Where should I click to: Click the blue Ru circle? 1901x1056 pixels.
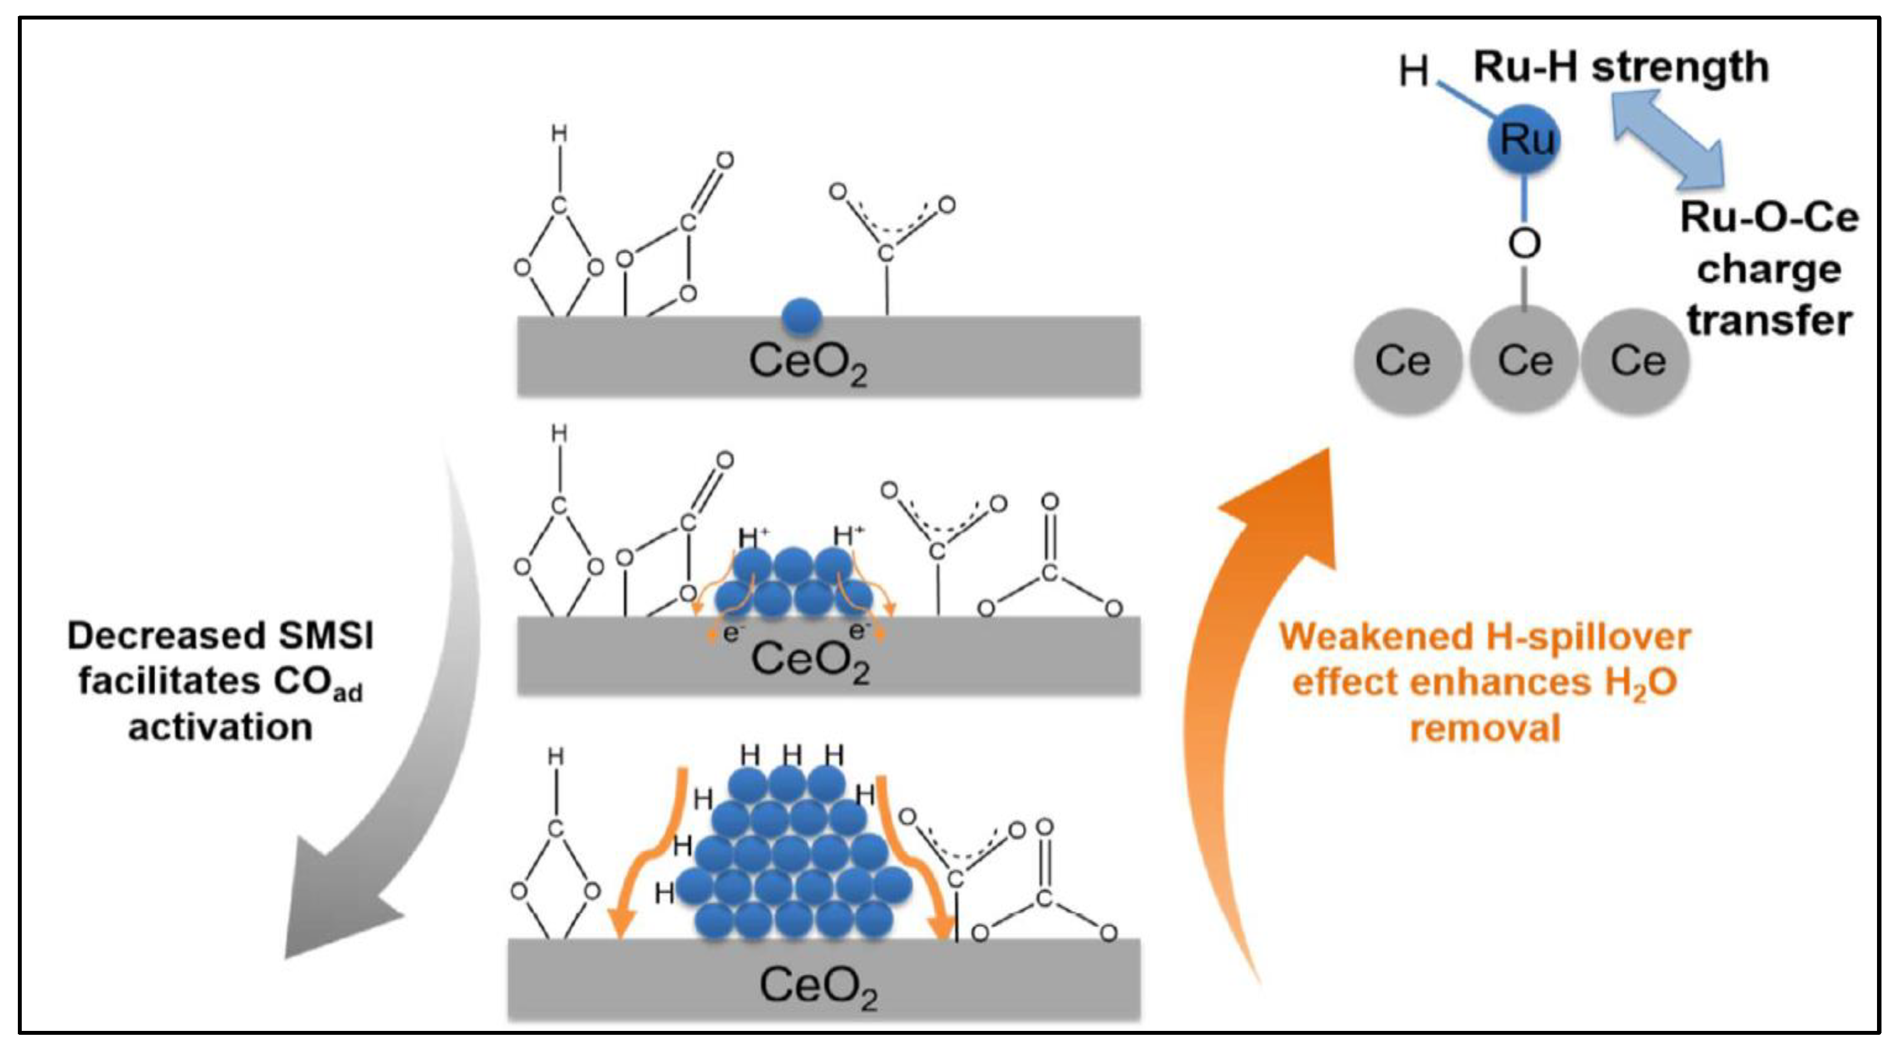click(x=1524, y=139)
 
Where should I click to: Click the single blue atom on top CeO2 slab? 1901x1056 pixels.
click(x=802, y=316)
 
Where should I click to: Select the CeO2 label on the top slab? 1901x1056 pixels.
click(x=808, y=363)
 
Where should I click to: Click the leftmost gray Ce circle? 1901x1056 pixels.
click(x=1407, y=361)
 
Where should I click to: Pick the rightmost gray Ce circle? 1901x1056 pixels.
click(x=1637, y=361)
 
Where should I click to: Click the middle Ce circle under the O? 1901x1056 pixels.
click(x=1524, y=361)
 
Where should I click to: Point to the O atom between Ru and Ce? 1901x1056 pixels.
click(x=1524, y=244)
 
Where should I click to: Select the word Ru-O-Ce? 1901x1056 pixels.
click(x=1769, y=219)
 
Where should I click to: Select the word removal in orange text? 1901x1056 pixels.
click(x=1485, y=729)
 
